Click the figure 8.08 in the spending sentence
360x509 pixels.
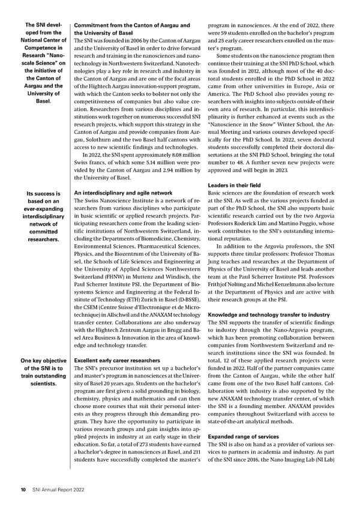[x=167, y=156]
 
